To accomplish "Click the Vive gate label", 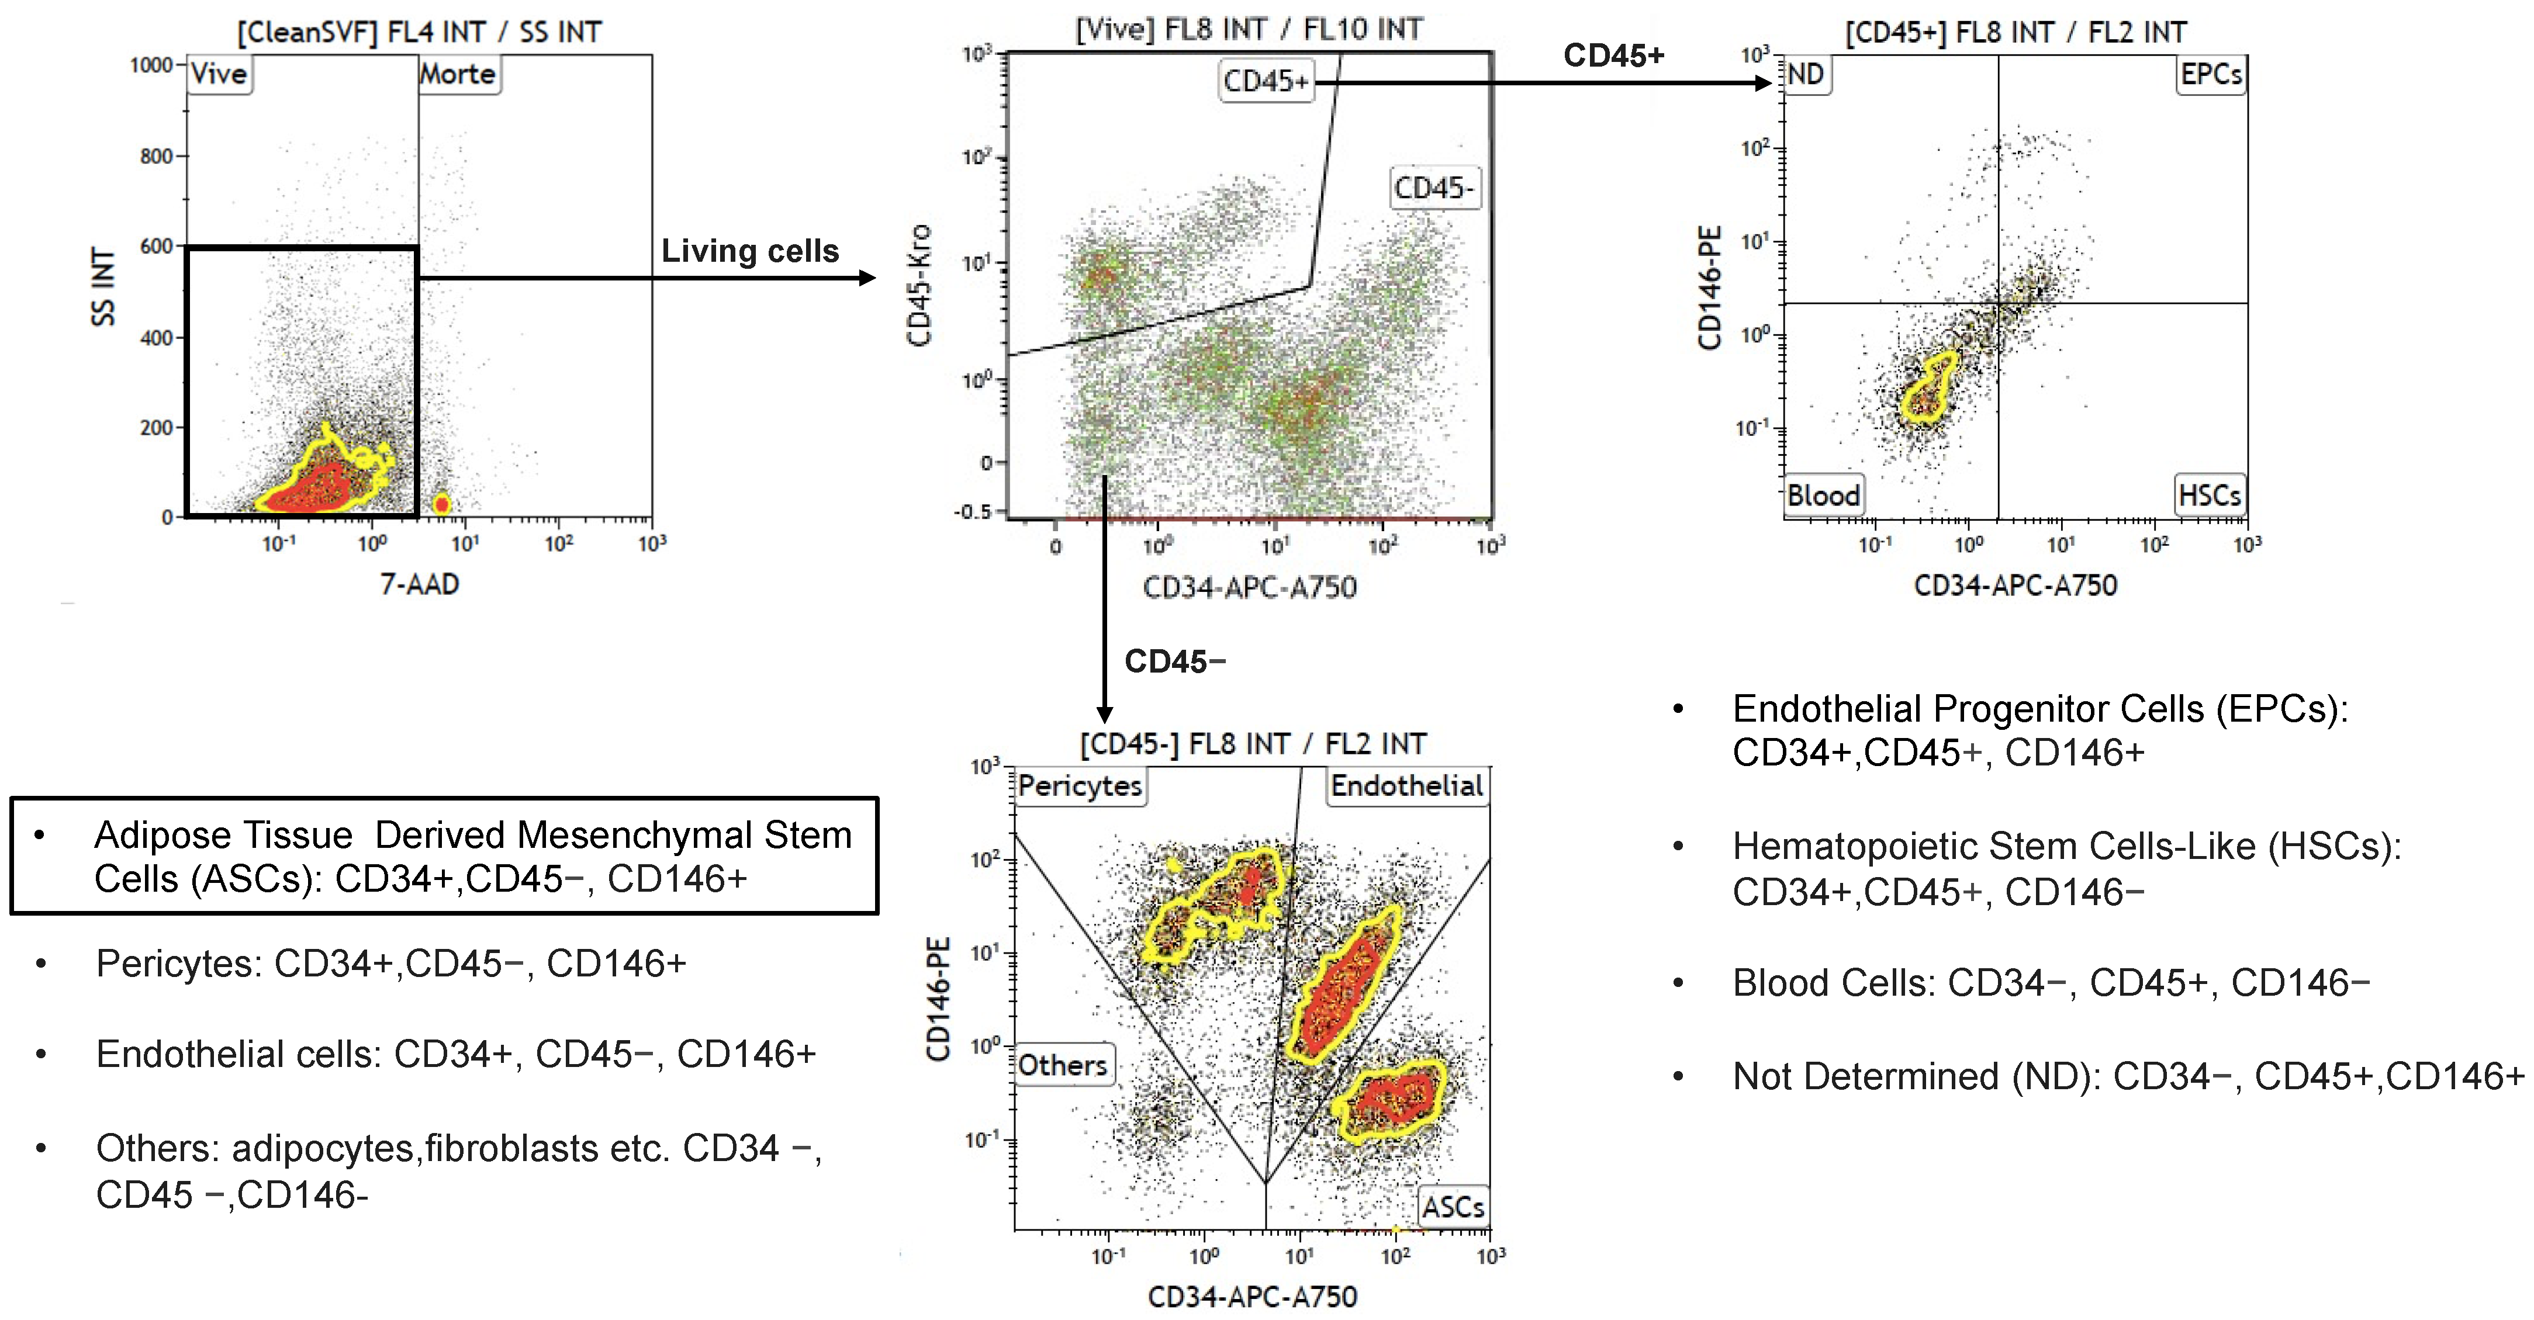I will [x=219, y=74].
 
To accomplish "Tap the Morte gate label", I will [x=458, y=74].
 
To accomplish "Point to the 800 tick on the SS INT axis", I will [x=157, y=157].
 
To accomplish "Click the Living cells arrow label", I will [x=749, y=252].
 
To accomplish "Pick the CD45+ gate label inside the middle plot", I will [x=1266, y=81].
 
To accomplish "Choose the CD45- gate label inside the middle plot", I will [x=1435, y=188].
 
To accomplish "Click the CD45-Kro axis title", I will [x=919, y=285].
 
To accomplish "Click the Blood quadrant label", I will [x=1823, y=495].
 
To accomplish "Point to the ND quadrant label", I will [x=1806, y=75].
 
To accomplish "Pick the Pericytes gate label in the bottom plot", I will [x=1080, y=786].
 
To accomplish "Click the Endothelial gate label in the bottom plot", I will [x=1406, y=786].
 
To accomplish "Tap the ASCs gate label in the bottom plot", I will [x=1453, y=1207].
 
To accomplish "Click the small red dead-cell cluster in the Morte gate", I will [x=442, y=504].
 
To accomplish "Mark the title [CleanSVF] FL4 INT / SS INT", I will [x=419, y=33].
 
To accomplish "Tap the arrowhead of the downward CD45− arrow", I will [x=1105, y=715].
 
